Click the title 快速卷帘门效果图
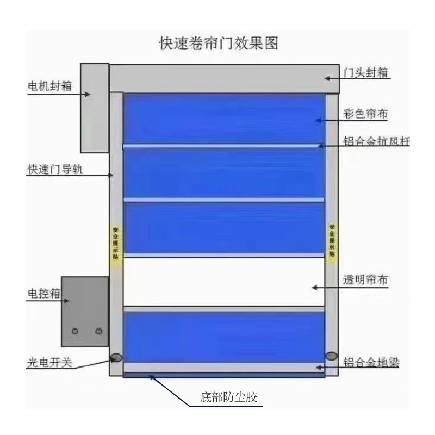pyautogui.click(x=217, y=43)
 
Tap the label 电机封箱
pyautogui.click(x=51, y=86)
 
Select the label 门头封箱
pyautogui.click(x=368, y=72)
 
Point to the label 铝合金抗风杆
pyautogui.click(x=376, y=142)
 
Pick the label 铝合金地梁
pyautogui.click(x=371, y=362)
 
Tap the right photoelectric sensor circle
pyautogui.click(x=331, y=356)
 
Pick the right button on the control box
pyautogui.click(x=98, y=331)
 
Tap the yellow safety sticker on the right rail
pyautogui.click(x=332, y=239)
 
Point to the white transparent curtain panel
pyautogui.click(x=224, y=282)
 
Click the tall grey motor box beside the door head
pyautogui.click(x=94, y=107)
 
